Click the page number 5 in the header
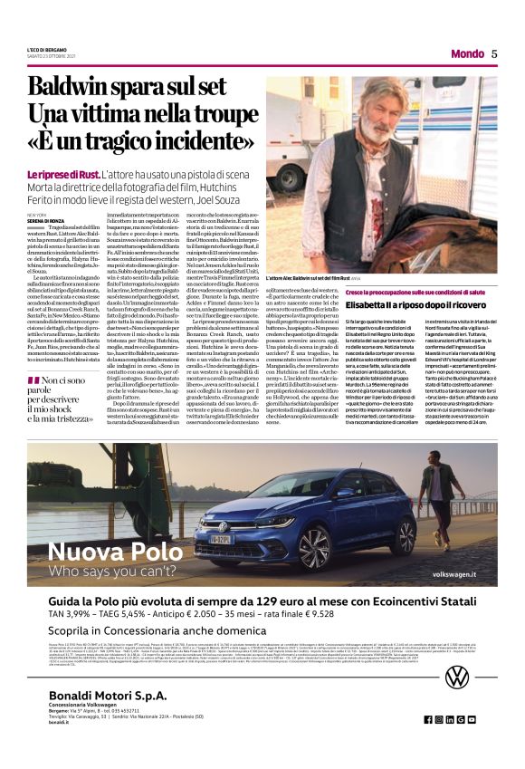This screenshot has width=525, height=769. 494,53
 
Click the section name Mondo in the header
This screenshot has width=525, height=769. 467,53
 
